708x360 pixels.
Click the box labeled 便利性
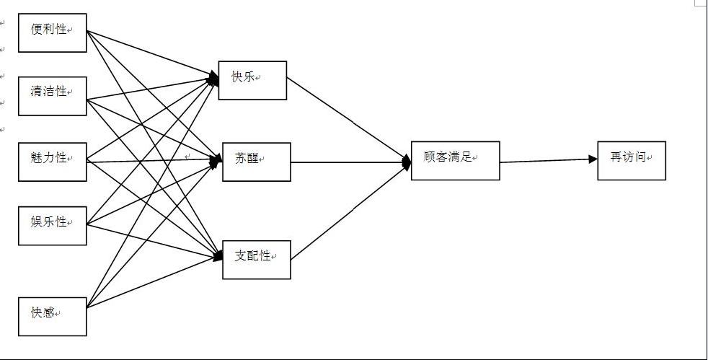pos(52,32)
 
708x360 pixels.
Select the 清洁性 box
pos(52,96)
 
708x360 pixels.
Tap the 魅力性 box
pos(52,162)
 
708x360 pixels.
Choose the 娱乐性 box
pos(52,226)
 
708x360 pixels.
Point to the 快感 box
pos(52,316)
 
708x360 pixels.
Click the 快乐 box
pos(253,80)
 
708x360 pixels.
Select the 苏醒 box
pos(256,162)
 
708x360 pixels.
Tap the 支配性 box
pos(256,259)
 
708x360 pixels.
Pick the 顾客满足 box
pos(455,160)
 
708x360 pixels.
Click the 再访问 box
pos(631,160)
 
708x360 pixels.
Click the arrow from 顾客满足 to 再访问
pos(548,160)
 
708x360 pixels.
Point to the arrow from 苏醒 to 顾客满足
pos(350,162)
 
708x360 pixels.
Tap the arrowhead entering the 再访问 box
pos(592,159)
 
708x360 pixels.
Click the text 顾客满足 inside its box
pos(448,156)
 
